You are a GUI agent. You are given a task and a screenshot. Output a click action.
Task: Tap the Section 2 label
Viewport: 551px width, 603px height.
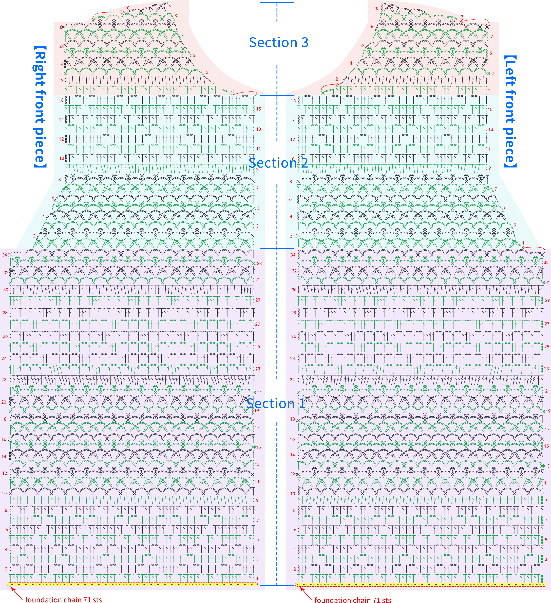click(278, 163)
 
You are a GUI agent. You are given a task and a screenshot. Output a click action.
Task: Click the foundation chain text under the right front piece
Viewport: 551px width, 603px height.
click(64, 599)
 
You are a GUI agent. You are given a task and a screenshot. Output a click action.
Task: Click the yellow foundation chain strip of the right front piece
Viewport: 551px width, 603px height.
click(132, 584)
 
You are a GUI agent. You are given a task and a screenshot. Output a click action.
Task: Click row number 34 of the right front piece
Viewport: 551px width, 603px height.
click(5, 255)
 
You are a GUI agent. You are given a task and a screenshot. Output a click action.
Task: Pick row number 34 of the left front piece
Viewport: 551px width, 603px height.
click(293, 255)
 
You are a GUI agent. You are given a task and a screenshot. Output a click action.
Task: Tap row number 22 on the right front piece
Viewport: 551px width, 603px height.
click(4, 380)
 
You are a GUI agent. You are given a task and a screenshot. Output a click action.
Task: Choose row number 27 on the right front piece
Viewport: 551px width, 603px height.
click(258, 324)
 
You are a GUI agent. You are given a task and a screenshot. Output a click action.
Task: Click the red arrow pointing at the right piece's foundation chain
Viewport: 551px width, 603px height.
click(17, 593)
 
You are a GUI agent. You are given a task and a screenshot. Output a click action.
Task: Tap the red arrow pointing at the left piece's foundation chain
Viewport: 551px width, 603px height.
click(306, 593)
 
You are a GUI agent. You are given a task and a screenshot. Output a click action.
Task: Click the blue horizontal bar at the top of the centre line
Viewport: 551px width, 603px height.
click(277, 2)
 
